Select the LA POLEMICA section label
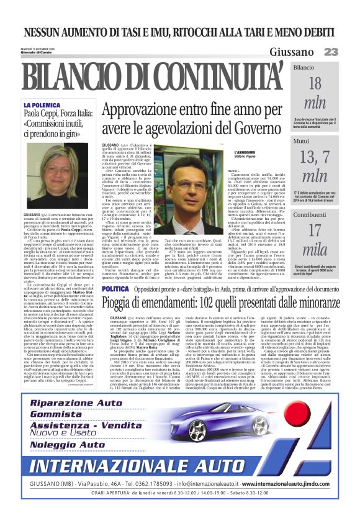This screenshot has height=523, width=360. pos(43,106)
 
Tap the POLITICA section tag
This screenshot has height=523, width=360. pos(115,289)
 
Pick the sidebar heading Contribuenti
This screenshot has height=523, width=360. pos(310,215)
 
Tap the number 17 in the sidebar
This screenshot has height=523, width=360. pos(315,230)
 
